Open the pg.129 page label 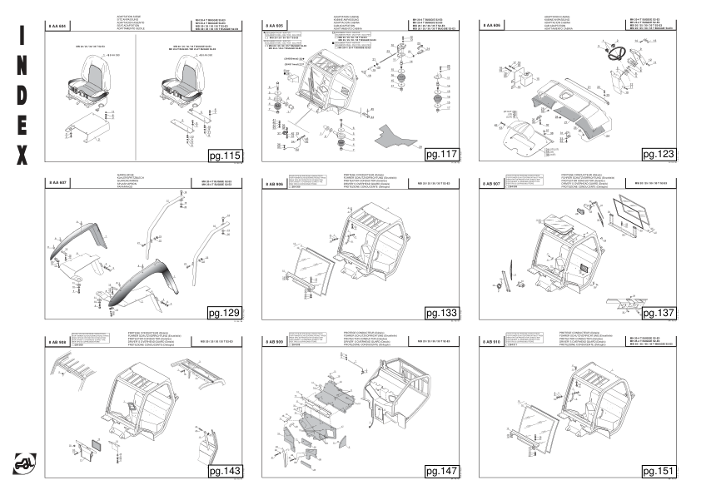(224, 313)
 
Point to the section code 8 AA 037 (57, 182)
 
